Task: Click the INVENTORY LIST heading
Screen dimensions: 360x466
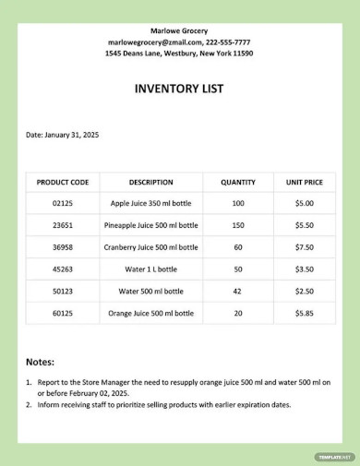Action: tap(179, 90)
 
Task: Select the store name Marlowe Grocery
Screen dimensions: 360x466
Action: tap(179, 31)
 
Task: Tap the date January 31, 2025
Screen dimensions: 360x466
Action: tap(62, 135)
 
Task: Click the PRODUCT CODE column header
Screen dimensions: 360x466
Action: tap(62, 182)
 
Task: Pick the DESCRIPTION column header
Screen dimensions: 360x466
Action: tap(151, 182)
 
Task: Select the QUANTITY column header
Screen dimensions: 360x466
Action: tap(238, 182)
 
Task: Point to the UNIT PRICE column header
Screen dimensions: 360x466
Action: tap(304, 182)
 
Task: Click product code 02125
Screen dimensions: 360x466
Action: tap(62, 203)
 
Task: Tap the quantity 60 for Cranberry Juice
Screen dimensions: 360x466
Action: tap(238, 247)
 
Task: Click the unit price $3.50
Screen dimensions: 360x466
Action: tap(304, 269)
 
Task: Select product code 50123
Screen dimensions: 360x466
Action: tap(62, 292)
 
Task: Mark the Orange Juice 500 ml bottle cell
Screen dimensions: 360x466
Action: tap(151, 314)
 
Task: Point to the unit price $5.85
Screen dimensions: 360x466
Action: tap(304, 314)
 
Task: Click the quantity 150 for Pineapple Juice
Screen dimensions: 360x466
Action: tap(238, 225)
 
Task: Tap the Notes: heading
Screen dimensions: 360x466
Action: tap(40, 362)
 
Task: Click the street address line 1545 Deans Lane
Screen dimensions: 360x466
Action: tap(179, 54)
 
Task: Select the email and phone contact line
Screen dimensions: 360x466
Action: tap(179, 42)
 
